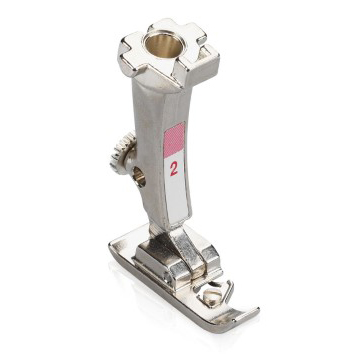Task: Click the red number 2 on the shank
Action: (173, 168)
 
